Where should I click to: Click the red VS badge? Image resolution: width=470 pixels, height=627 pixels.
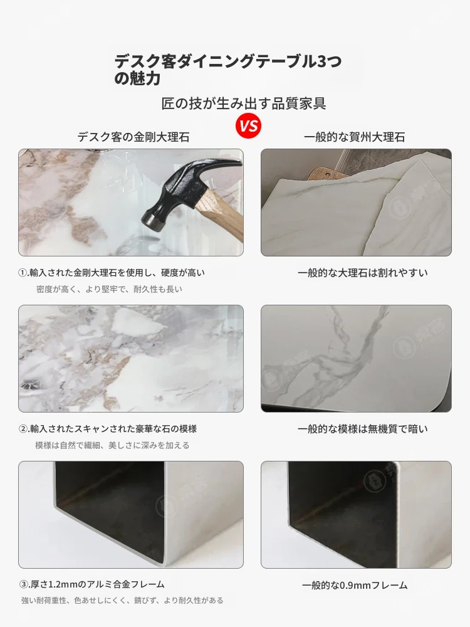(x=248, y=126)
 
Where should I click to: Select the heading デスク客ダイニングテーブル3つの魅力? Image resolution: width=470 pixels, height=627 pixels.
(x=228, y=70)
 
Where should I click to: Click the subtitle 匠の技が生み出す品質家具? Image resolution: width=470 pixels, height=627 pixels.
(x=244, y=103)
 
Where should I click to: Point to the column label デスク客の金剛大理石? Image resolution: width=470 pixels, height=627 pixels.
(x=133, y=137)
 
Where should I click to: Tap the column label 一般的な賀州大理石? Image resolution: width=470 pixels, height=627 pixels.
(x=355, y=137)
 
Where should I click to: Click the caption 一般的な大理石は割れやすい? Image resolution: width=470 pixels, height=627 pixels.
(x=362, y=273)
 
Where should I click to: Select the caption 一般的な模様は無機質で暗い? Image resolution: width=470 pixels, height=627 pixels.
(x=362, y=429)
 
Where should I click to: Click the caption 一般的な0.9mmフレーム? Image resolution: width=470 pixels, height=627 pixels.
(x=355, y=586)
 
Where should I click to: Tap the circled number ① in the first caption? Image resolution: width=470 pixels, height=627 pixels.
(x=23, y=273)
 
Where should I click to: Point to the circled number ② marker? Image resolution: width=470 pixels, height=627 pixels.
(x=23, y=429)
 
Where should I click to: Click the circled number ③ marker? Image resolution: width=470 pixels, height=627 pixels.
(x=23, y=584)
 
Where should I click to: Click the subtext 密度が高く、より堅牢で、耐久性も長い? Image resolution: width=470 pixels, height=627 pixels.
(x=109, y=289)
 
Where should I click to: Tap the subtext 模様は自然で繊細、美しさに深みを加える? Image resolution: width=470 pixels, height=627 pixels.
(x=112, y=445)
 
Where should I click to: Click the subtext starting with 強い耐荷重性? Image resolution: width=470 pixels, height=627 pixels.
(x=122, y=600)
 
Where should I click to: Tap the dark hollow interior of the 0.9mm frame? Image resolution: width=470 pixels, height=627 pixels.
(x=343, y=500)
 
